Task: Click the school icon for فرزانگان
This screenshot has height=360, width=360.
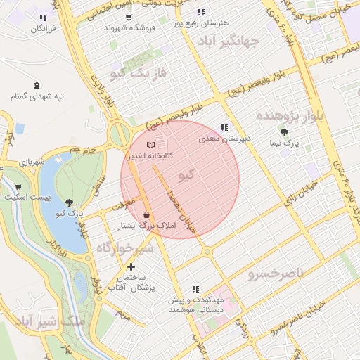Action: click(x=44, y=18)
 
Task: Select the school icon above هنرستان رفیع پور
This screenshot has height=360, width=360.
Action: click(x=202, y=12)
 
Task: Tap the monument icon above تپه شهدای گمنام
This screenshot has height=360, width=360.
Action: click(x=37, y=83)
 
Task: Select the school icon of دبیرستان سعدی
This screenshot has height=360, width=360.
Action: click(x=224, y=127)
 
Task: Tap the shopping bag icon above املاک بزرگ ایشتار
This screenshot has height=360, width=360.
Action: click(x=146, y=214)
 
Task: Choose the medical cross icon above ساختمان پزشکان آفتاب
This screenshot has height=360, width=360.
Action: click(x=131, y=266)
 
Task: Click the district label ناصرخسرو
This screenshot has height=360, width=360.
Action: click(x=278, y=272)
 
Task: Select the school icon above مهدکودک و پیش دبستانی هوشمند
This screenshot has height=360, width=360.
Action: click(x=195, y=289)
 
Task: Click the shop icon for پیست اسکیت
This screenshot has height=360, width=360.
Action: click(x=18, y=188)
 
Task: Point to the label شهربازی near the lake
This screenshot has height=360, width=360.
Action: click(x=32, y=164)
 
